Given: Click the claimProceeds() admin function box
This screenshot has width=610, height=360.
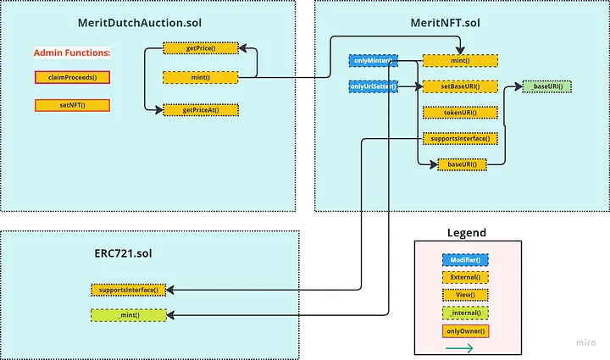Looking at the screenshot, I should click(72, 78).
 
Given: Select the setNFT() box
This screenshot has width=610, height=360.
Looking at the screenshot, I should click(72, 106).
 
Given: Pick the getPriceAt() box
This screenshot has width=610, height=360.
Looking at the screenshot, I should click(201, 110).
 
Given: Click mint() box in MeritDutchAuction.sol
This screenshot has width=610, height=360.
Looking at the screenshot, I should click(201, 77).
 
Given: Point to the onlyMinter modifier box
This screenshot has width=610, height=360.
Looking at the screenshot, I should click(373, 60).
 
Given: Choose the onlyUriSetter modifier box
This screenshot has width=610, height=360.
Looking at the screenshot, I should click(373, 86).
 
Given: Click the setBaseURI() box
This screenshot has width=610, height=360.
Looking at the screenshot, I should click(459, 86).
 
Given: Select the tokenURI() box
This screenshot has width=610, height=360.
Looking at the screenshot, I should click(459, 112).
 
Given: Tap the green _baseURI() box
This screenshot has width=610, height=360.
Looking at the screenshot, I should click(546, 86).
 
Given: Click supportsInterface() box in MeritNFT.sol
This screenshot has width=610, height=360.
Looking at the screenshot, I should click(459, 138).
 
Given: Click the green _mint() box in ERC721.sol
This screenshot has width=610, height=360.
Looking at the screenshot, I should click(129, 315).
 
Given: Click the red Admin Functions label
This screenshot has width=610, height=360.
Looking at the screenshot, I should click(72, 53).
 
